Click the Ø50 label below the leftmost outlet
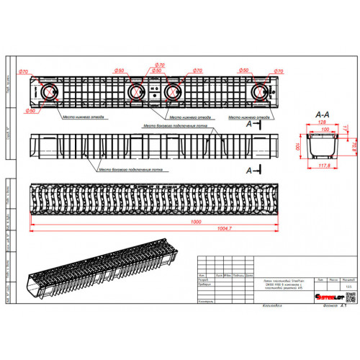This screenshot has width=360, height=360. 31,112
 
